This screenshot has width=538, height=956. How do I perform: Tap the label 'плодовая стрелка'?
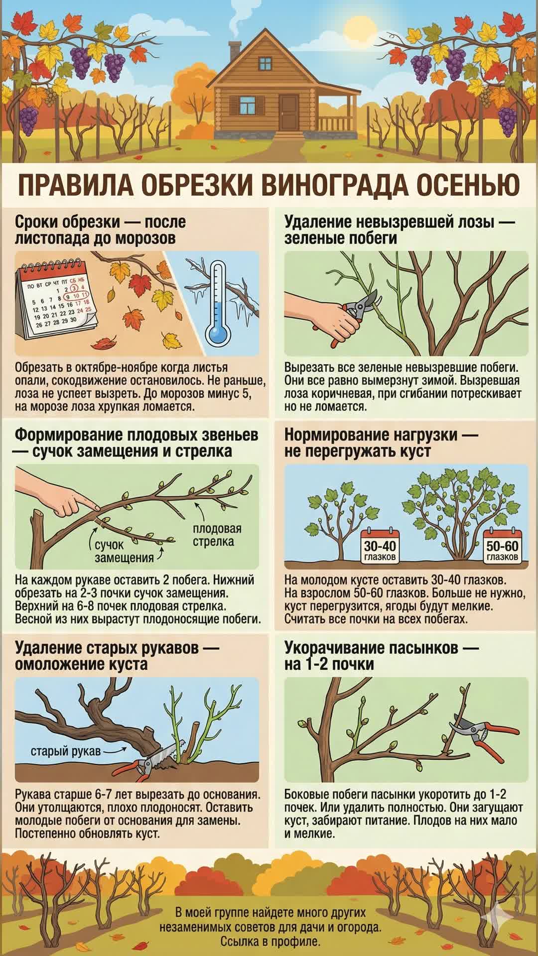pos(217,535)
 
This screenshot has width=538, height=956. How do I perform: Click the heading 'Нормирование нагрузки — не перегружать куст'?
pos(381,443)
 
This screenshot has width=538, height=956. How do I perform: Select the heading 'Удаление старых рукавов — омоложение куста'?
pos(110,656)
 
